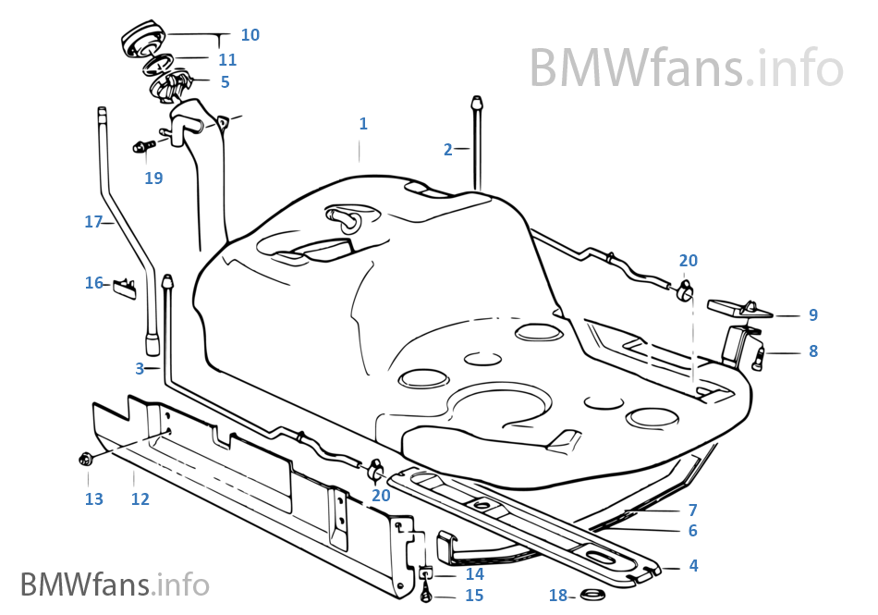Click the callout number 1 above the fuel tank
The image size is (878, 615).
pyautogui.click(x=363, y=124)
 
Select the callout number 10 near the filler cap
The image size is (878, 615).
pyautogui.click(x=250, y=35)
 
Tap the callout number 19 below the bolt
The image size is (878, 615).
pyautogui.click(x=153, y=178)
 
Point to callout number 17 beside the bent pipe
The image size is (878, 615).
pyautogui.click(x=92, y=222)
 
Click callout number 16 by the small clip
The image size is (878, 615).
pyautogui.click(x=94, y=283)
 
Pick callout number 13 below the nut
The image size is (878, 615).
pyautogui.click(x=93, y=499)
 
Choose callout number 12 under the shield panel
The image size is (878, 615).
pyautogui.click(x=140, y=499)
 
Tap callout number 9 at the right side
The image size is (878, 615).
pyautogui.click(x=813, y=315)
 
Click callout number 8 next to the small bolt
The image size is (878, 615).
pyautogui.click(x=813, y=351)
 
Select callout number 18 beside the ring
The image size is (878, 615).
pyautogui.click(x=557, y=596)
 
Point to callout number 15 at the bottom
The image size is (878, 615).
pyautogui.click(x=474, y=596)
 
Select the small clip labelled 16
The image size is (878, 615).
pyautogui.click(x=125, y=288)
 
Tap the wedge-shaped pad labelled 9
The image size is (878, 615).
pyautogui.click(x=739, y=309)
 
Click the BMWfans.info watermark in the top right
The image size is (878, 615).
pyautogui.click(x=686, y=67)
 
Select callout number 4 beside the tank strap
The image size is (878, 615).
pyautogui.click(x=693, y=565)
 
